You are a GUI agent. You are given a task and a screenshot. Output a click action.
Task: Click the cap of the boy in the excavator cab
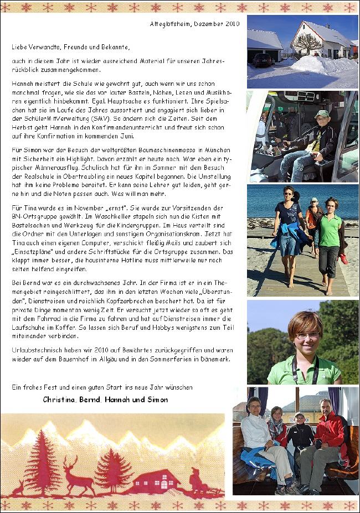(x=322, y=114)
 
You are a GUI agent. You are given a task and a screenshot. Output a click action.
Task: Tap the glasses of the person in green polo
(x=307, y=335)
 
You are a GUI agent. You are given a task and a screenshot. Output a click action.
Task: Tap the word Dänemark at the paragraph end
(x=216, y=359)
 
